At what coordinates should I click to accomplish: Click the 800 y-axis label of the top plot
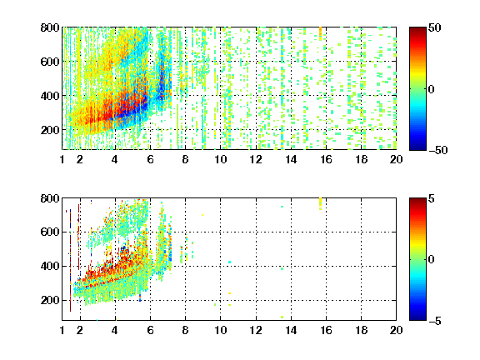[50, 27]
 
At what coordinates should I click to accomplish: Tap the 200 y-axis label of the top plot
[50, 130]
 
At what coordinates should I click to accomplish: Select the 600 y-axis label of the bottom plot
[50, 232]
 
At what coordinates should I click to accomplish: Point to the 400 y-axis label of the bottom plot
[50, 266]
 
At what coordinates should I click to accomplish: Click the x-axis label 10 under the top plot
[220, 159]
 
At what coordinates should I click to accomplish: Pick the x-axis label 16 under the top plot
[327, 159]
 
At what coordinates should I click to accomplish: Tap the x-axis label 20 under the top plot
[396, 159]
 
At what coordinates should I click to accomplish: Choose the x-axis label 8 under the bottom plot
[185, 330]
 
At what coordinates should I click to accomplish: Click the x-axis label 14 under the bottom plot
[291, 330]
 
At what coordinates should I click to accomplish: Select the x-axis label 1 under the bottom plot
[62, 330]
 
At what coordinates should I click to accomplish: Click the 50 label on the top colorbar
[434, 27]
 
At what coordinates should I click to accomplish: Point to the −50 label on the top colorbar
[438, 150]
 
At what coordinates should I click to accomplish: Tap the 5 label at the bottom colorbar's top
[432, 198]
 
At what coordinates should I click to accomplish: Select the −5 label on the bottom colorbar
[435, 321]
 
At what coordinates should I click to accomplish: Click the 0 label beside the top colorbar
[432, 89]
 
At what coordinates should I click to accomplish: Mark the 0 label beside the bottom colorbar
[432, 260]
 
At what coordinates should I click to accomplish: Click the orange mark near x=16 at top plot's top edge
[321, 33]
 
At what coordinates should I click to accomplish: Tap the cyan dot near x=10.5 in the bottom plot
[230, 262]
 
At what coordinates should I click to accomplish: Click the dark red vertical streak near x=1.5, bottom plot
[70, 260]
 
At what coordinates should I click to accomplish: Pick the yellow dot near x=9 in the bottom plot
[202, 215]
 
